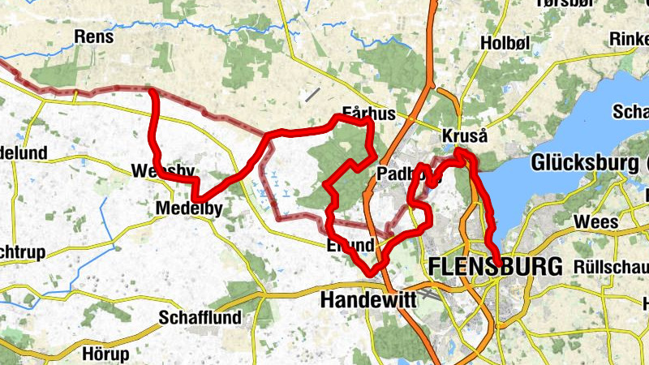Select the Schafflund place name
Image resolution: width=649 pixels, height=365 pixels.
(x=200, y=318)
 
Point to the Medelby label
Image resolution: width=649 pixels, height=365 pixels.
(x=189, y=209)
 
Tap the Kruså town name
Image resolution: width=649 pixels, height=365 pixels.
(x=465, y=135)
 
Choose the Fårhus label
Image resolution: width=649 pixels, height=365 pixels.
(x=368, y=114)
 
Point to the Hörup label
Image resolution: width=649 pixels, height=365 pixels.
(x=105, y=354)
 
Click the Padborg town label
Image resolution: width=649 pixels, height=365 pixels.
(x=398, y=174)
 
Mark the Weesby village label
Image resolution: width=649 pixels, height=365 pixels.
(x=162, y=171)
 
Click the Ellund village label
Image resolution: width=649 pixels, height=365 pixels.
(x=350, y=245)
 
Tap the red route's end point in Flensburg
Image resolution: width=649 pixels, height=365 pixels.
(x=496, y=260)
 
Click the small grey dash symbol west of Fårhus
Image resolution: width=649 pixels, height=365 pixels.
(x=310, y=94)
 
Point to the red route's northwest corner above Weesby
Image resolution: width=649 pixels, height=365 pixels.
(x=153, y=92)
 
